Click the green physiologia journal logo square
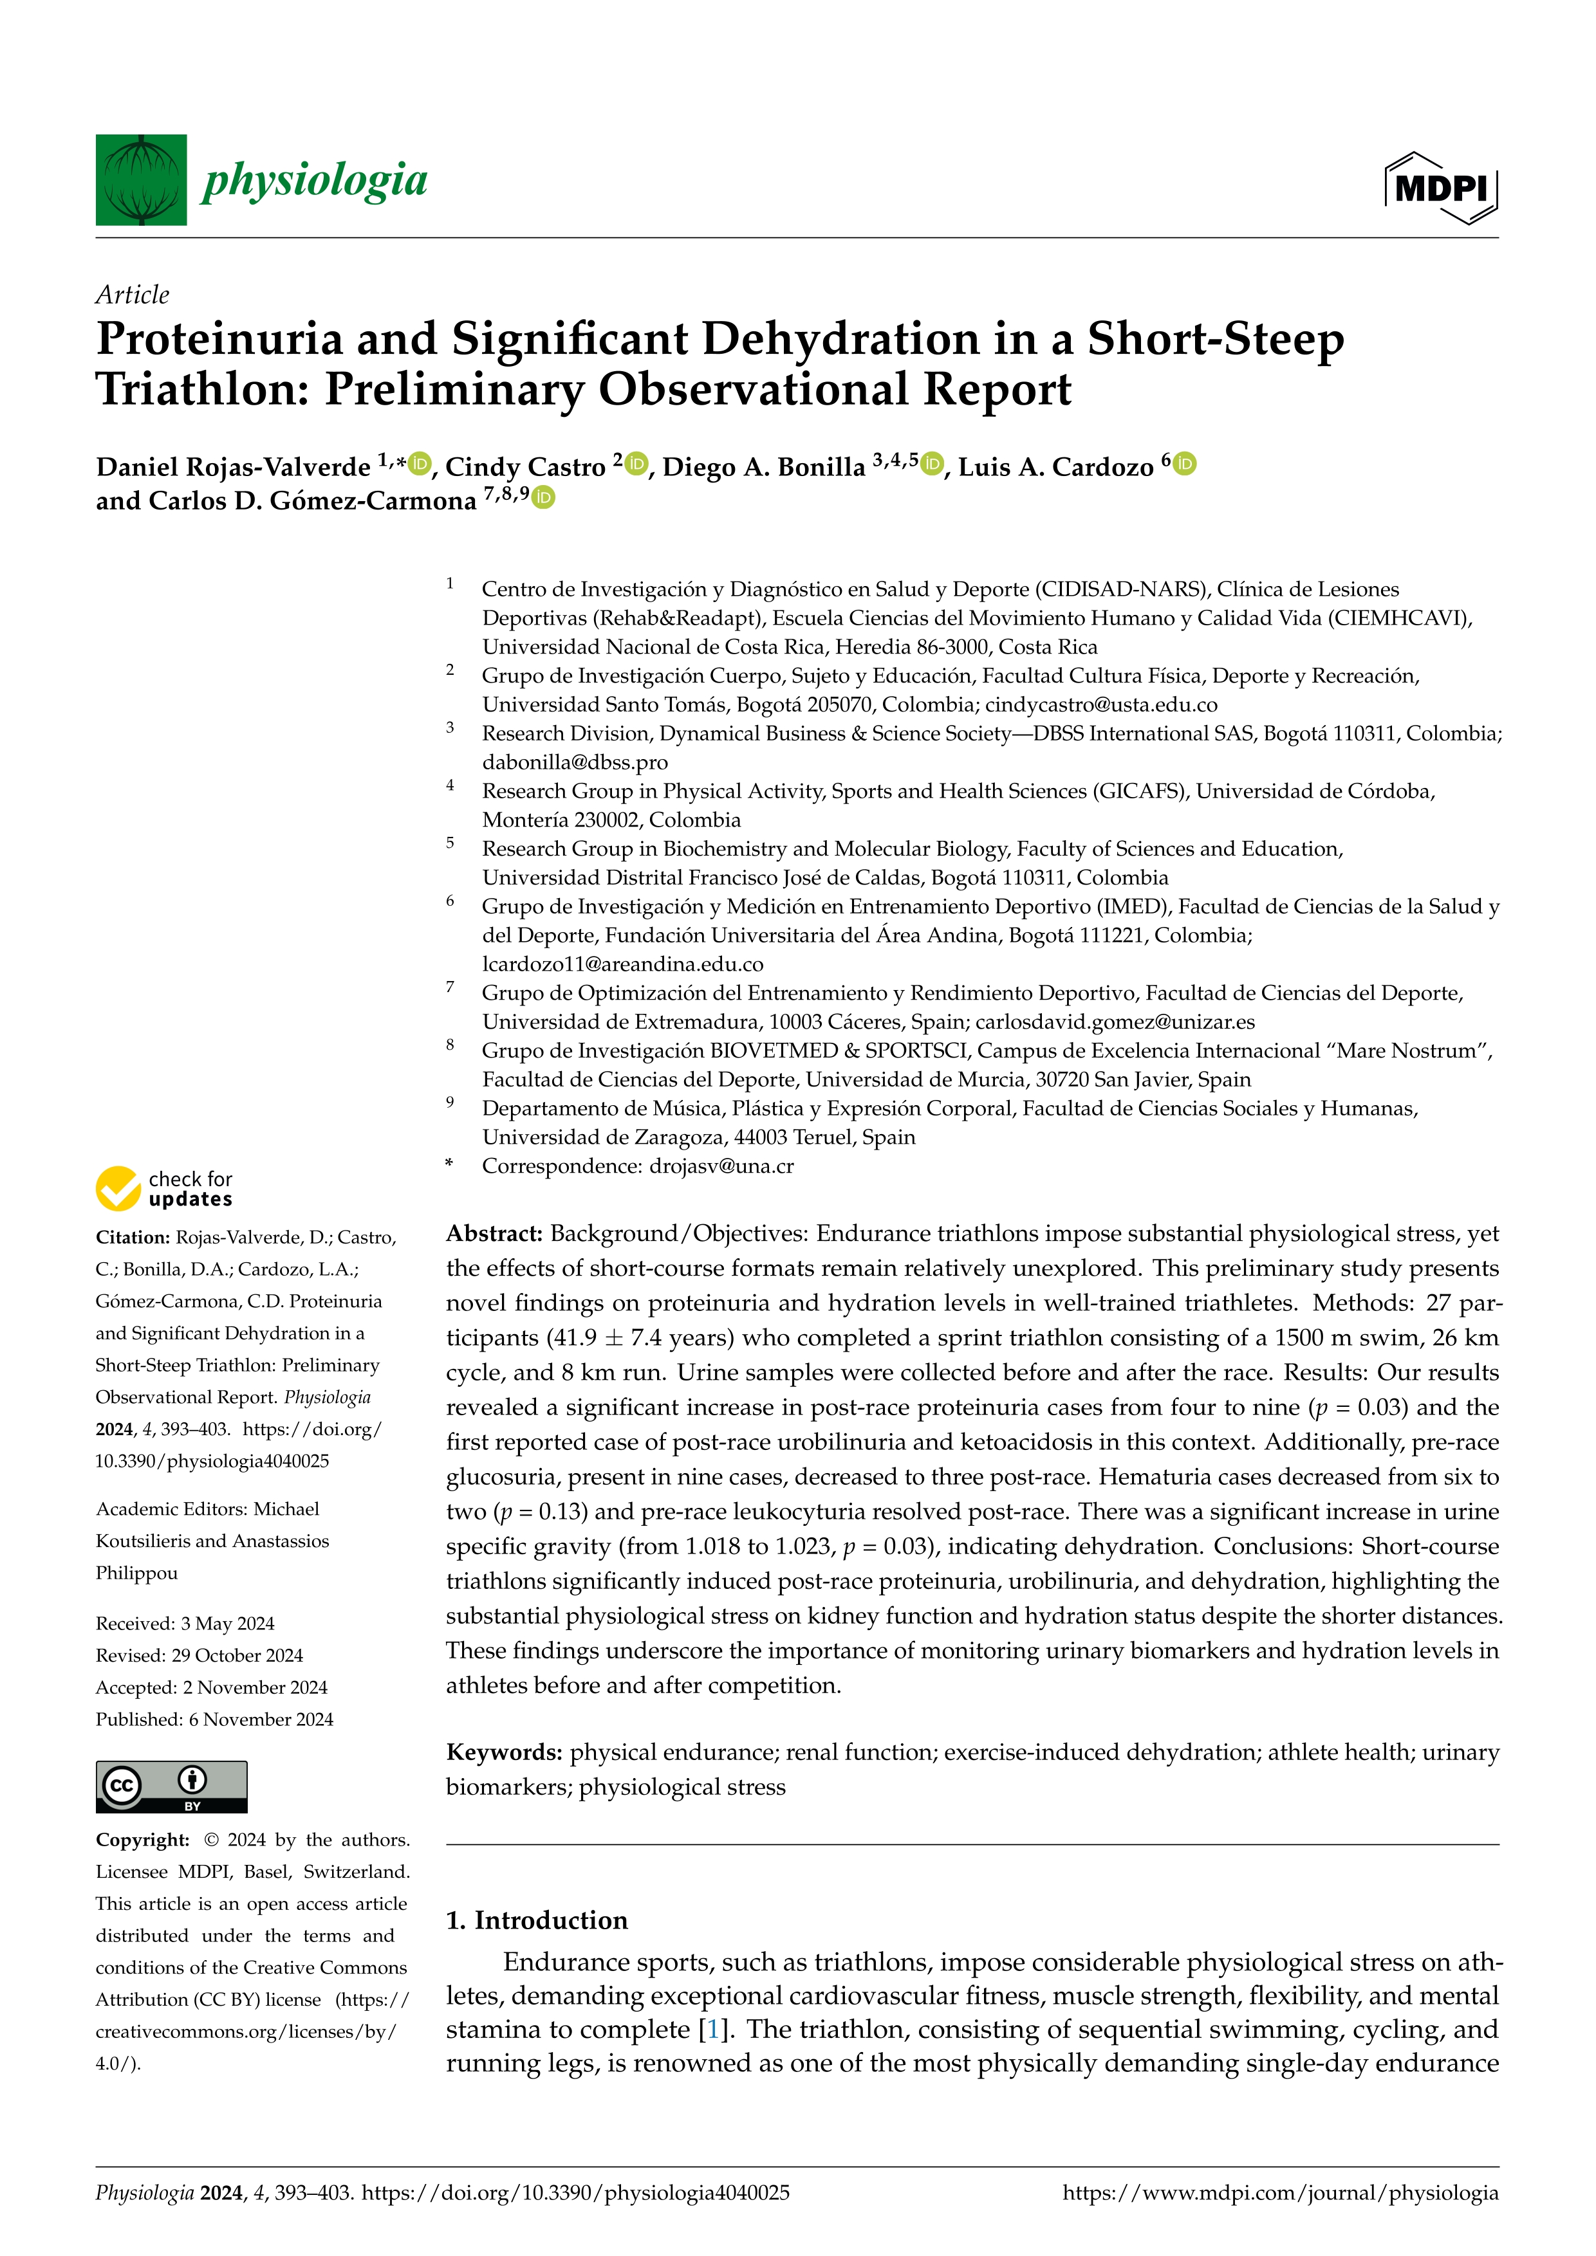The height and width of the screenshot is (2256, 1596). (140, 180)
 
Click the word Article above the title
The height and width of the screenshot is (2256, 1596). (133, 295)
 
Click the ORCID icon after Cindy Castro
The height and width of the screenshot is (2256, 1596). (637, 463)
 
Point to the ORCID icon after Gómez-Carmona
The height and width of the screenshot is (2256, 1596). (543, 497)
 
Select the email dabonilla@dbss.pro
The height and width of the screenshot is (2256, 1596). (575, 762)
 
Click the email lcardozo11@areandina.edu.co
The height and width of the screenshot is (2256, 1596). (622, 964)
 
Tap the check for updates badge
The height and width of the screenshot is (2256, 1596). (164, 1189)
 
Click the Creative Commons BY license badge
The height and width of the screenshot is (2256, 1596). (171, 1786)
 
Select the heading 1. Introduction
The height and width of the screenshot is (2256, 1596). (537, 1920)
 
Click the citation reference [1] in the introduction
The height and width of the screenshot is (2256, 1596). (714, 2029)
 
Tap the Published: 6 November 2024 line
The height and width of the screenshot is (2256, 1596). (214, 1720)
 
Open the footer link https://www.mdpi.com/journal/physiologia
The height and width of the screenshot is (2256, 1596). (1281, 2193)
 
